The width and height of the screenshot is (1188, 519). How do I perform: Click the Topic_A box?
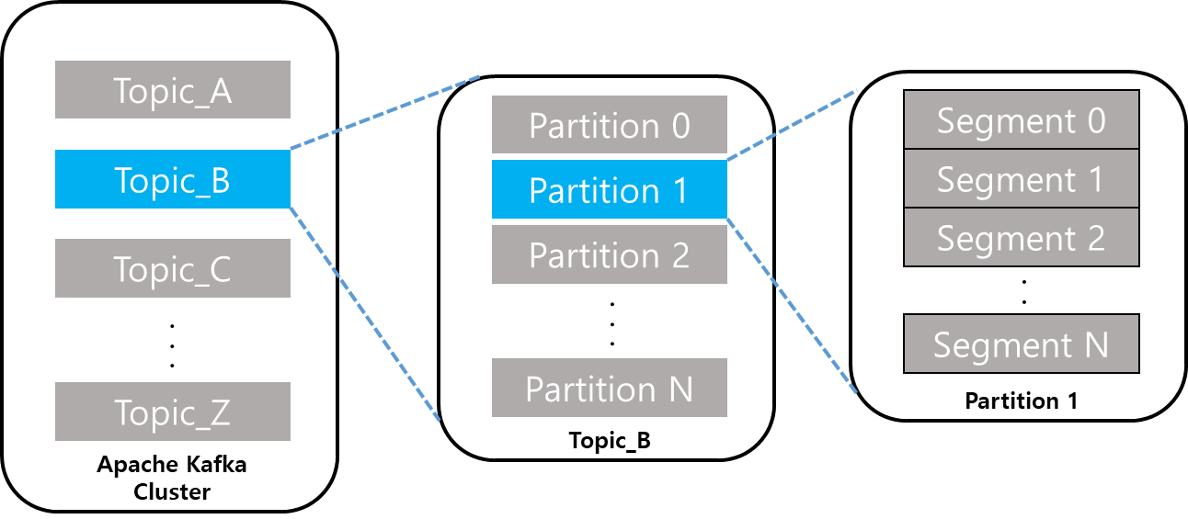pos(173,90)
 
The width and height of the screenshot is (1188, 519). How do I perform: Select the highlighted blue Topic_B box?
pos(173,179)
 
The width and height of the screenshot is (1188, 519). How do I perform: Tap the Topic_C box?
pos(173,268)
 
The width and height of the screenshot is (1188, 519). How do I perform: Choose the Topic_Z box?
pos(173,412)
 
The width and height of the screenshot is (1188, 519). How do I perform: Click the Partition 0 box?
pos(609,125)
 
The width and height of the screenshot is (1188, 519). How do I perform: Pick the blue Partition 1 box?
pos(609,189)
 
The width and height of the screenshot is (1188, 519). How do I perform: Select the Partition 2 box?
pos(609,254)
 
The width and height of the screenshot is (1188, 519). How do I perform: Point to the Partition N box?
pos(609,388)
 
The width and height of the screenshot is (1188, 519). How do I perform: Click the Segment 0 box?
pos(1021,119)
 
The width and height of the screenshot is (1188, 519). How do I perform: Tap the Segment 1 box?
pos(1021,178)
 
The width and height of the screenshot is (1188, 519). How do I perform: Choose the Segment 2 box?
pos(1021,237)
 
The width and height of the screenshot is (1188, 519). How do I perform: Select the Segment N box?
pos(1021,344)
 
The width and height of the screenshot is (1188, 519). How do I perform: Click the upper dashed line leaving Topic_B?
pos(384,112)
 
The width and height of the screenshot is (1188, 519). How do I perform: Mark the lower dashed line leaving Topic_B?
pos(365,313)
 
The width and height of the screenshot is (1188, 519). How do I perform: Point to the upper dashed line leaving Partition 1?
pos(792,125)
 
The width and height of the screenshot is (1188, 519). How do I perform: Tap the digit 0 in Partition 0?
pos(680,126)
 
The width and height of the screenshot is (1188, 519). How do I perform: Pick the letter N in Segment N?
pos(1094,344)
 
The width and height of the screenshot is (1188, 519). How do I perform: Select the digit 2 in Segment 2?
pos(1094,238)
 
